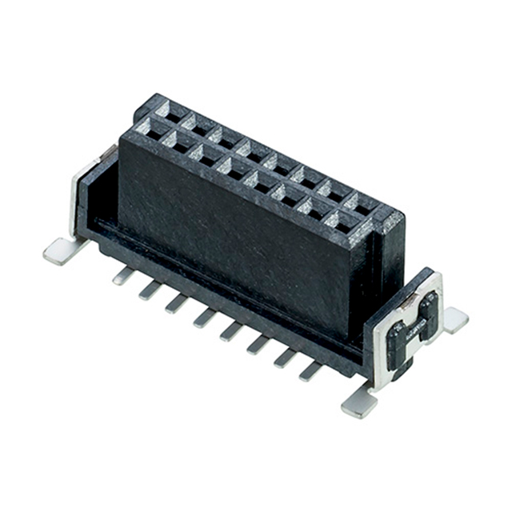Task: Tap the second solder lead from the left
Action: [150, 289]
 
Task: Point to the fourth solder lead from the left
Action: [205, 318]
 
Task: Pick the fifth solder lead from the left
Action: [232, 330]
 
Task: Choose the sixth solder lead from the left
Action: [258, 344]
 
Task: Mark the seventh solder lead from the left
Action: [286, 358]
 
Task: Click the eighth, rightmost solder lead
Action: [312, 370]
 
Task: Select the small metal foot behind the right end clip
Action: [454, 319]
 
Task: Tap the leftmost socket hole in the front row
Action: [148, 133]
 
